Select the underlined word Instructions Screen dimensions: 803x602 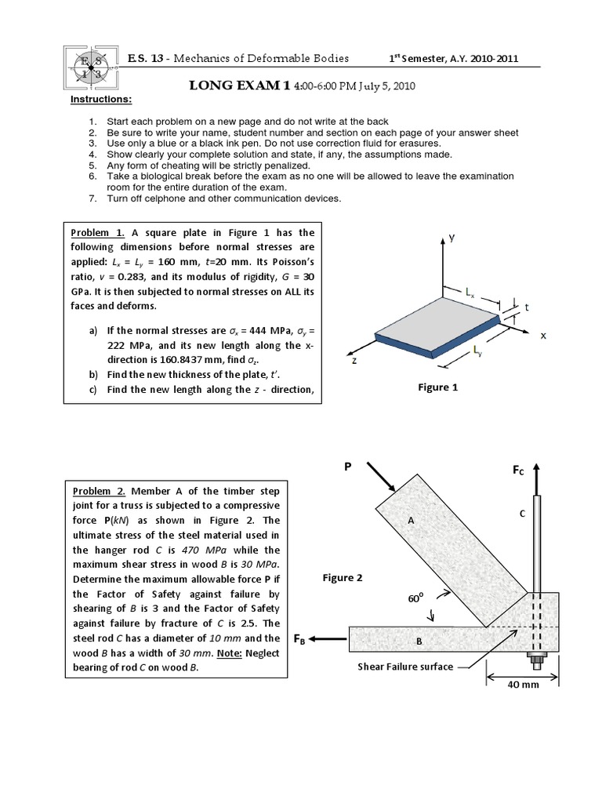[x=101, y=100]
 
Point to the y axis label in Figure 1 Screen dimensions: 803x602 [x=451, y=236]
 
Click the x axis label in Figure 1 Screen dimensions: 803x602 [x=542, y=335]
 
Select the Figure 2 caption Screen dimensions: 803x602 [x=343, y=578]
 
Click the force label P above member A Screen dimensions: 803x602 [x=348, y=466]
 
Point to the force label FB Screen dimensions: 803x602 [x=299, y=639]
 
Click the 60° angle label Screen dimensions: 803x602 [x=415, y=598]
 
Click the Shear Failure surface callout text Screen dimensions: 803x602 [x=405, y=667]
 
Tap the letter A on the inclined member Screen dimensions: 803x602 [x=409, y=520]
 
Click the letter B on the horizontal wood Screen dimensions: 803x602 [x=419, y=641]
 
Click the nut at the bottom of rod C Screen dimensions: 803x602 [x=538, y=658]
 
